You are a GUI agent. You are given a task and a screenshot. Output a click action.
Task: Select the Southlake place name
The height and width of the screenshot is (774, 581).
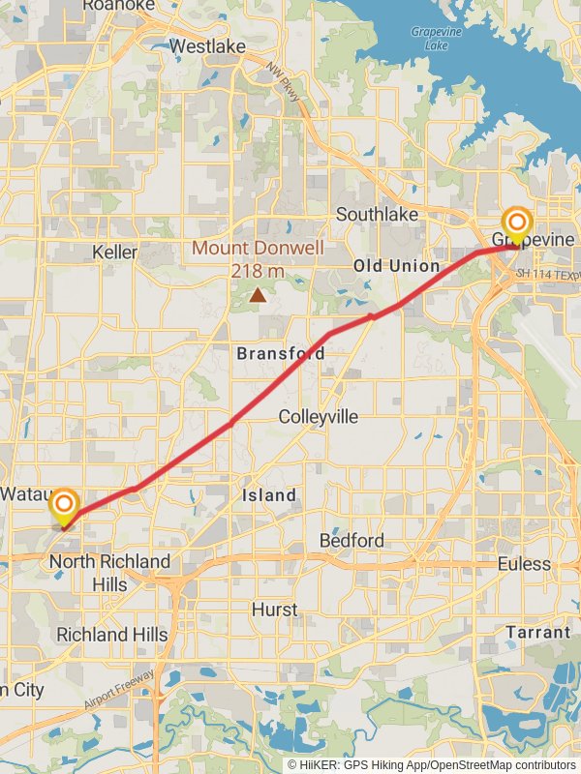377,214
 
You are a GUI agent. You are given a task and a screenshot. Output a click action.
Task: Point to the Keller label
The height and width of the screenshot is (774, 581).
114,252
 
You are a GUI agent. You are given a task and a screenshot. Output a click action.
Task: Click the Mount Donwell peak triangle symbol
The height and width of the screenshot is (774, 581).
258,294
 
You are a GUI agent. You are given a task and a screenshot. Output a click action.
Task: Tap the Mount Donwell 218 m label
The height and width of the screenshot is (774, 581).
258,259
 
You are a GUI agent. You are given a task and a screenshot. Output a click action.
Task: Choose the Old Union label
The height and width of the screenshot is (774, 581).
395,265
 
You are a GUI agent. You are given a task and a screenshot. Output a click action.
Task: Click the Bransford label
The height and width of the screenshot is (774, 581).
281,354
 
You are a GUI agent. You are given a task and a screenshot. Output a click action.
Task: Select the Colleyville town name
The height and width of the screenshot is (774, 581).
318,417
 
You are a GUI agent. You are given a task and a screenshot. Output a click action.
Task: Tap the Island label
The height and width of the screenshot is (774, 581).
269,495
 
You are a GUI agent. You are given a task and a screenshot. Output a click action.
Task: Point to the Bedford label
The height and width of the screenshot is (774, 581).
352,540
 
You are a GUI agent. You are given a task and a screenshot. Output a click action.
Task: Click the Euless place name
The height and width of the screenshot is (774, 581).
523,563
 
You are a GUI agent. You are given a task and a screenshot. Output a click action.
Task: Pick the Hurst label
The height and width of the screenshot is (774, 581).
275,610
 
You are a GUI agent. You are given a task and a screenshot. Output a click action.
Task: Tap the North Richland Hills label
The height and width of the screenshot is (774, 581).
109,573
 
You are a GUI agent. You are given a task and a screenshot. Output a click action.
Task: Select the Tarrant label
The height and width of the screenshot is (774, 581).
537,632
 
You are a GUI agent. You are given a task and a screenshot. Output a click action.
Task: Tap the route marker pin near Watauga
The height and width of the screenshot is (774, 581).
64,507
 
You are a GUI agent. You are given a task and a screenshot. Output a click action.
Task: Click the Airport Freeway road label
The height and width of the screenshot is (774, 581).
118,689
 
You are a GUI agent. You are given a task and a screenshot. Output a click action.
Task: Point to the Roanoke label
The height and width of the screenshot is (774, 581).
118,6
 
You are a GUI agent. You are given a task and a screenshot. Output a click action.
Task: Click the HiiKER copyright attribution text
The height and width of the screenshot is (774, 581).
432,764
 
